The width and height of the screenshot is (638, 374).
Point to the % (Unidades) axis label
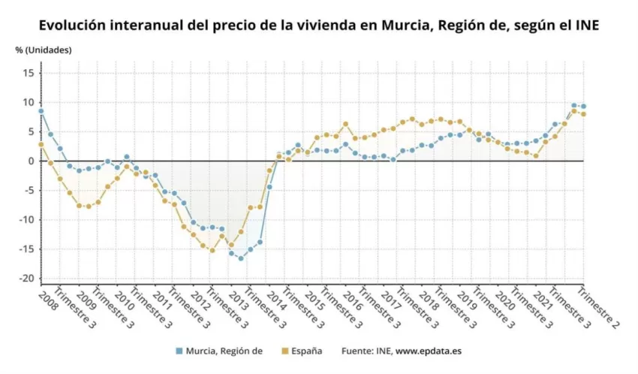coord(44,50)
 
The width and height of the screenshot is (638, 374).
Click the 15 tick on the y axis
coord(29,74)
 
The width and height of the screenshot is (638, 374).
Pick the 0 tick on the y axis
coord(32,161)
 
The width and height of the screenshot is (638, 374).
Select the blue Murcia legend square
coord(179,351)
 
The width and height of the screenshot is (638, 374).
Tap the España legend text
coord(307,351)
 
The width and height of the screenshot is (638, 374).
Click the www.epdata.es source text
coord(429,351)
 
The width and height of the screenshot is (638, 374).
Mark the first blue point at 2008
coord(41,110)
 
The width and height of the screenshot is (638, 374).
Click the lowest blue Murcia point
coord(241,258)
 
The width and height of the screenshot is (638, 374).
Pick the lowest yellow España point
coord(212,251)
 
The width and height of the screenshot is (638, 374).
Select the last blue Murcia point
coord(583,106)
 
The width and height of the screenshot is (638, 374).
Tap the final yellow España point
coord(583,114)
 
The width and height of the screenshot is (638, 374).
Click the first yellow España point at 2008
coord(41,144)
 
